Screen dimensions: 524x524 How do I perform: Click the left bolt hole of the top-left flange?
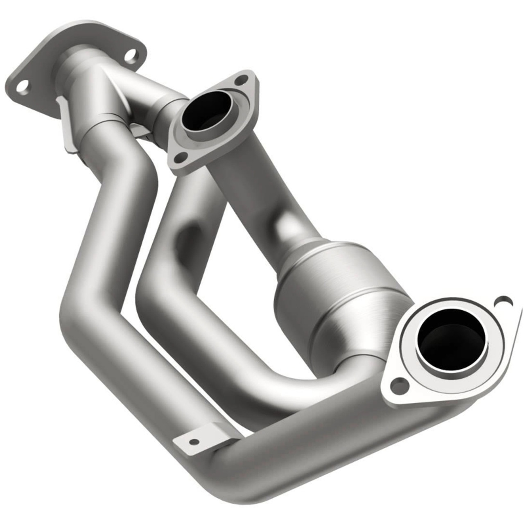coord(23,86)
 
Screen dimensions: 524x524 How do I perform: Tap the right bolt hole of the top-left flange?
coord(130,56)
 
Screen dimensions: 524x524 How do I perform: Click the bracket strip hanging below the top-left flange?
coord(65,127)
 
